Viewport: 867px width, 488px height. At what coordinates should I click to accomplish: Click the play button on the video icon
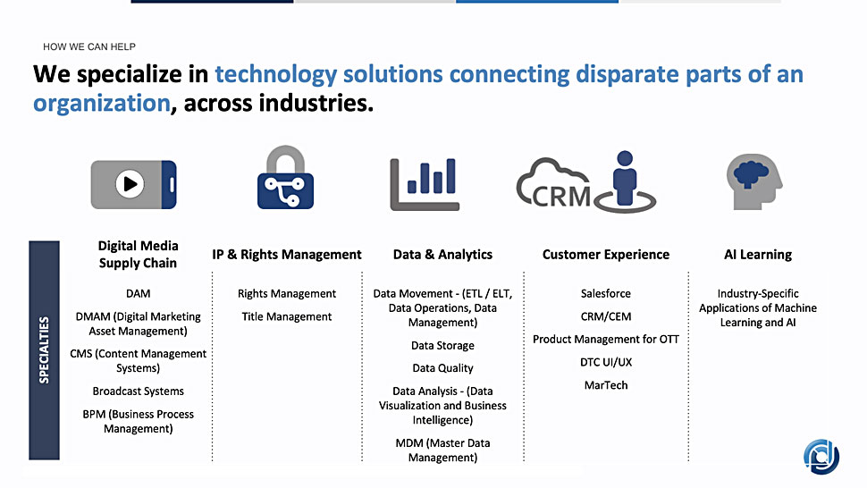[130, 183]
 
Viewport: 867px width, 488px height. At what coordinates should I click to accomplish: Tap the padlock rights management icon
[285, 177]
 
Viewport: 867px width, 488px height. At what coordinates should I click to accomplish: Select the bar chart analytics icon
[425, 184]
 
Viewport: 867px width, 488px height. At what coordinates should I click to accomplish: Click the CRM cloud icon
[554, 183]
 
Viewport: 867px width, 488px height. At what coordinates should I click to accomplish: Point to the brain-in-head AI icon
[754, 181]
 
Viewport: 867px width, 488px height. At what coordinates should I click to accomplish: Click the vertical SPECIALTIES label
[44, 349]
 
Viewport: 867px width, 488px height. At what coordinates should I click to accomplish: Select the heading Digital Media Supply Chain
[139, 254]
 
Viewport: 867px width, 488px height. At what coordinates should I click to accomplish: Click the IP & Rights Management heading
[286, 255]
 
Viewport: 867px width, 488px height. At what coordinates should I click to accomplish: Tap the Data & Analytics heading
[443, 255]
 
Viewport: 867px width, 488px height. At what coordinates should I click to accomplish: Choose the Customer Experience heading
[605, 255]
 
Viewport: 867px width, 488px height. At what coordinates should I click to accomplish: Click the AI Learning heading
[758, 255]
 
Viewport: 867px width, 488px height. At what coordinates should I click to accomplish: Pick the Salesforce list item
[605, 293]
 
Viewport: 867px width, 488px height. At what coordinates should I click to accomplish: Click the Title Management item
[286, 316]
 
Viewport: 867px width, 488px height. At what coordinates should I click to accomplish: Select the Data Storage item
[443, 345]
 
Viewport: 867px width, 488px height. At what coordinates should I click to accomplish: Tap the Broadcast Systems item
[139, 391]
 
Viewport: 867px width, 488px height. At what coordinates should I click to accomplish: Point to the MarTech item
[606, 385]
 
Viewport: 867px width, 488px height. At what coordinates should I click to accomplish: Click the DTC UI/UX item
[606, 363]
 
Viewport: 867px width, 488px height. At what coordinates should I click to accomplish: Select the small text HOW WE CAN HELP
[89, 47]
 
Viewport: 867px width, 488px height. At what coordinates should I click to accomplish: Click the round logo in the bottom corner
[821, 457]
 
